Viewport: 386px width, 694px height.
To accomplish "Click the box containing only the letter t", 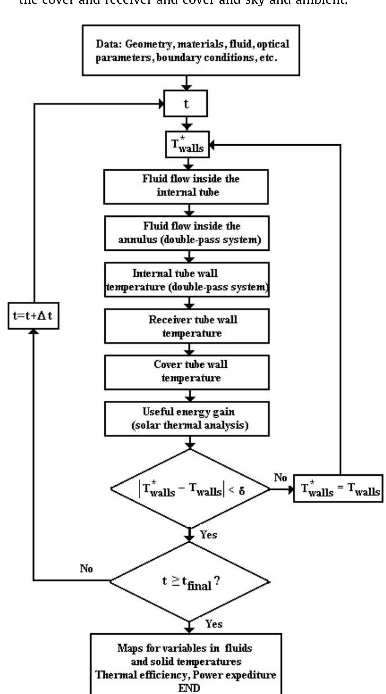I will pos(186,103).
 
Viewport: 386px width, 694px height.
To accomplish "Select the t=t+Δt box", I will pos(33,315).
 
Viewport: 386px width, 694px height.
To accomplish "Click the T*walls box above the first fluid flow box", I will pos(187,144).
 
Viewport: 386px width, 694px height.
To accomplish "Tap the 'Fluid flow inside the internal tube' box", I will pos(186,186).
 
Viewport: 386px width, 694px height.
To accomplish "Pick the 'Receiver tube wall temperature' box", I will pos(187,326).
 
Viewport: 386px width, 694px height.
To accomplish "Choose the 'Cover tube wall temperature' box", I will pos(187,372).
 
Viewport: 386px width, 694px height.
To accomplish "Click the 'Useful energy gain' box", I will pos(187,418).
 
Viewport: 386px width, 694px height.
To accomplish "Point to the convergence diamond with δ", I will pos(190,489).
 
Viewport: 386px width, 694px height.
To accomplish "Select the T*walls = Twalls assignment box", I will pos(338,489).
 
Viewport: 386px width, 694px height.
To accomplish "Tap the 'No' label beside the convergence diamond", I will pos(280,477).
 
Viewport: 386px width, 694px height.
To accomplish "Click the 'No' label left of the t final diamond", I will pos(86,568).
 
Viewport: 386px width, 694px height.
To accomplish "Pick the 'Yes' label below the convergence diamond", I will pos(208,534).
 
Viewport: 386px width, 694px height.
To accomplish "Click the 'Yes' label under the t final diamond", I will pos(214,624).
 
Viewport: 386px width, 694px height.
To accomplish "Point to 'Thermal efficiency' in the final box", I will pos(141,674).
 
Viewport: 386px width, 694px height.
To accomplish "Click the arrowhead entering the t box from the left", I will pos(162,104).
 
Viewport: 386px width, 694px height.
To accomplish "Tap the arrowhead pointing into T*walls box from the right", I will pos(212,145).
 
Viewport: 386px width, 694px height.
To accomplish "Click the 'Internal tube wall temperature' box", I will pos(187,280).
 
